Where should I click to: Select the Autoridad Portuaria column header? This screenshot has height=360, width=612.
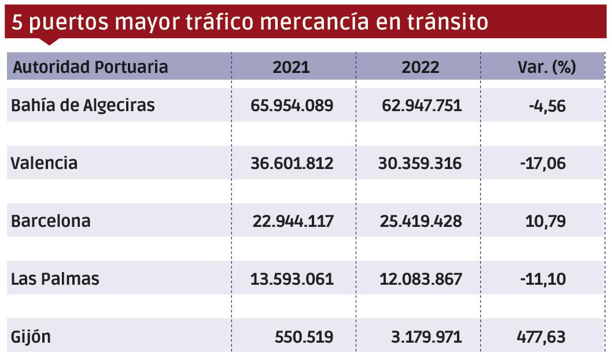[90, 67]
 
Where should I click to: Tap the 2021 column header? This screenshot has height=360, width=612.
[291, 67]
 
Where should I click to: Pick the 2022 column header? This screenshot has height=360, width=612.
[421, 67]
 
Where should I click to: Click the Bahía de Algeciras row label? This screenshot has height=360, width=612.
[83, 105]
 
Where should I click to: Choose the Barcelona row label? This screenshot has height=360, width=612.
[51, 221]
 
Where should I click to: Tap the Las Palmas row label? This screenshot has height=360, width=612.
[56, 279]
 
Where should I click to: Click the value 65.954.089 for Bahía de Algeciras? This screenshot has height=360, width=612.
[292, 105]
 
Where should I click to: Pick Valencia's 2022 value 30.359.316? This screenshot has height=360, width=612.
[421, 163]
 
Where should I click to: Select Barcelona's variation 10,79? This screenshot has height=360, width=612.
[547, 221]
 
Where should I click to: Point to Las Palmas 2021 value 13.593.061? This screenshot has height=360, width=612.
[292, 279]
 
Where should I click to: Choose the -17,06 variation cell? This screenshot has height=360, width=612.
[543, 163]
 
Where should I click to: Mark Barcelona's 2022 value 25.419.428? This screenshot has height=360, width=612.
[421, 221]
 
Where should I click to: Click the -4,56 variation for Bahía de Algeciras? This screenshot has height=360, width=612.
[547, 105]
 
